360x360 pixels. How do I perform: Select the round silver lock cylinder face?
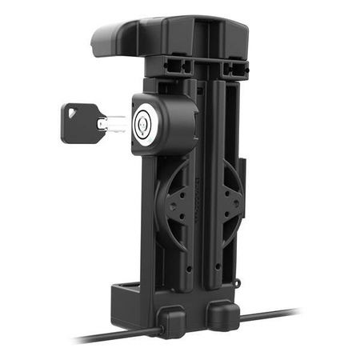pyautogui.click(x=144, y=122)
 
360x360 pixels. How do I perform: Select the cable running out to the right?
pyautogui.click(x=272, y=314)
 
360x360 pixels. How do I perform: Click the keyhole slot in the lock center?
pyautogui.click(x=144, y=122)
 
